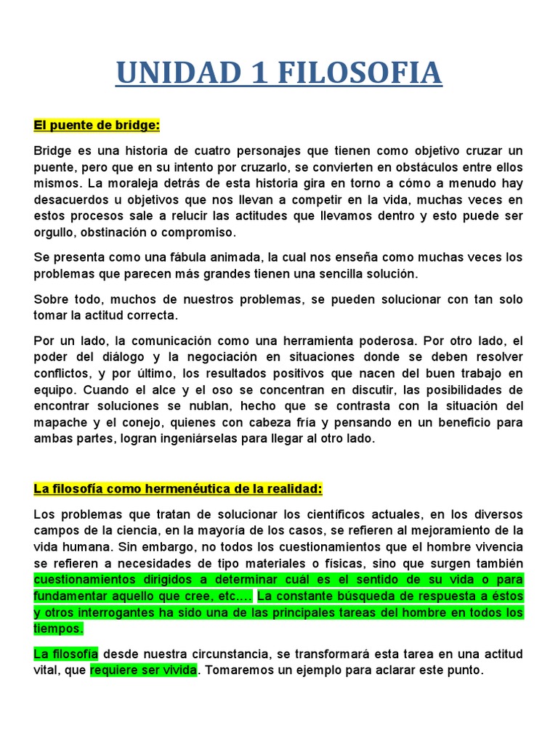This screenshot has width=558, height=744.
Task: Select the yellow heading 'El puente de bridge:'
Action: click(97, 125)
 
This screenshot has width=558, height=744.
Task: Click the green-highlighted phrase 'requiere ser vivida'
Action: click(143, 670)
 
